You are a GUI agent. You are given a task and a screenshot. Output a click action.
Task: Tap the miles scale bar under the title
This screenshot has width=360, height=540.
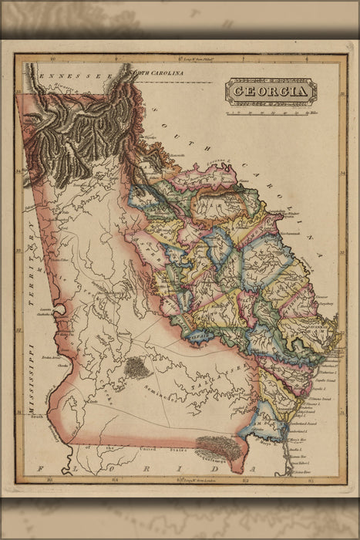pos(270,110)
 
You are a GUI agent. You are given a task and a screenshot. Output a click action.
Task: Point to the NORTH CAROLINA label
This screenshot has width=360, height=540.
pos(160,73)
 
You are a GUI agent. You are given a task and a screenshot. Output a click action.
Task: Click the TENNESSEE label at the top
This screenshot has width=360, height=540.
pos(77,77)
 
